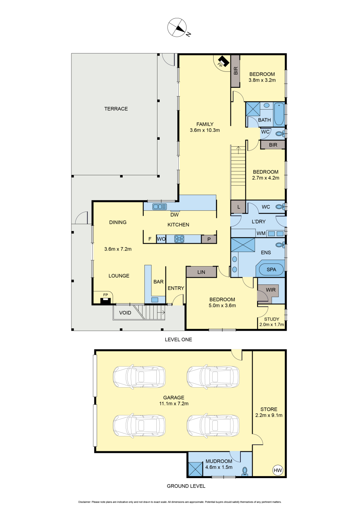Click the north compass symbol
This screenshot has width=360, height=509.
tap(177, 27)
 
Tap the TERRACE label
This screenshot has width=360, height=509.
tap(116, 108)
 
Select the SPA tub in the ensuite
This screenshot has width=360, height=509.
tap(271, 270)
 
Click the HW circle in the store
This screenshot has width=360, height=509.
tap(278, 470)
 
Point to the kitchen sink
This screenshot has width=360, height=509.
tap(160, 207)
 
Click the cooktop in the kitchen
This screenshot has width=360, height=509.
tap(179, 239)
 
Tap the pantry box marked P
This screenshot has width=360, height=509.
tap(209, 239)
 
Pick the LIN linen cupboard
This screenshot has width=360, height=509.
tap(201, 272)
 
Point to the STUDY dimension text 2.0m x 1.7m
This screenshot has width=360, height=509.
tap(272, 325)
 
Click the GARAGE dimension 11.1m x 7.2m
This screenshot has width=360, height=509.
tap(174, 404)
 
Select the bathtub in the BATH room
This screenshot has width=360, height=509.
tap(279, 114)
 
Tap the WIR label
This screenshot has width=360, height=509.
tap(271, 290)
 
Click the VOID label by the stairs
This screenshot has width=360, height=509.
tap(125, 313)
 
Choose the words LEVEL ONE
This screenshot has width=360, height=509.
tap(178, 339)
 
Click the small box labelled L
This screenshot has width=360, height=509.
tap(238, 207)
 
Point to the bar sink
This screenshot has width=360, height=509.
tap(155, 300)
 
